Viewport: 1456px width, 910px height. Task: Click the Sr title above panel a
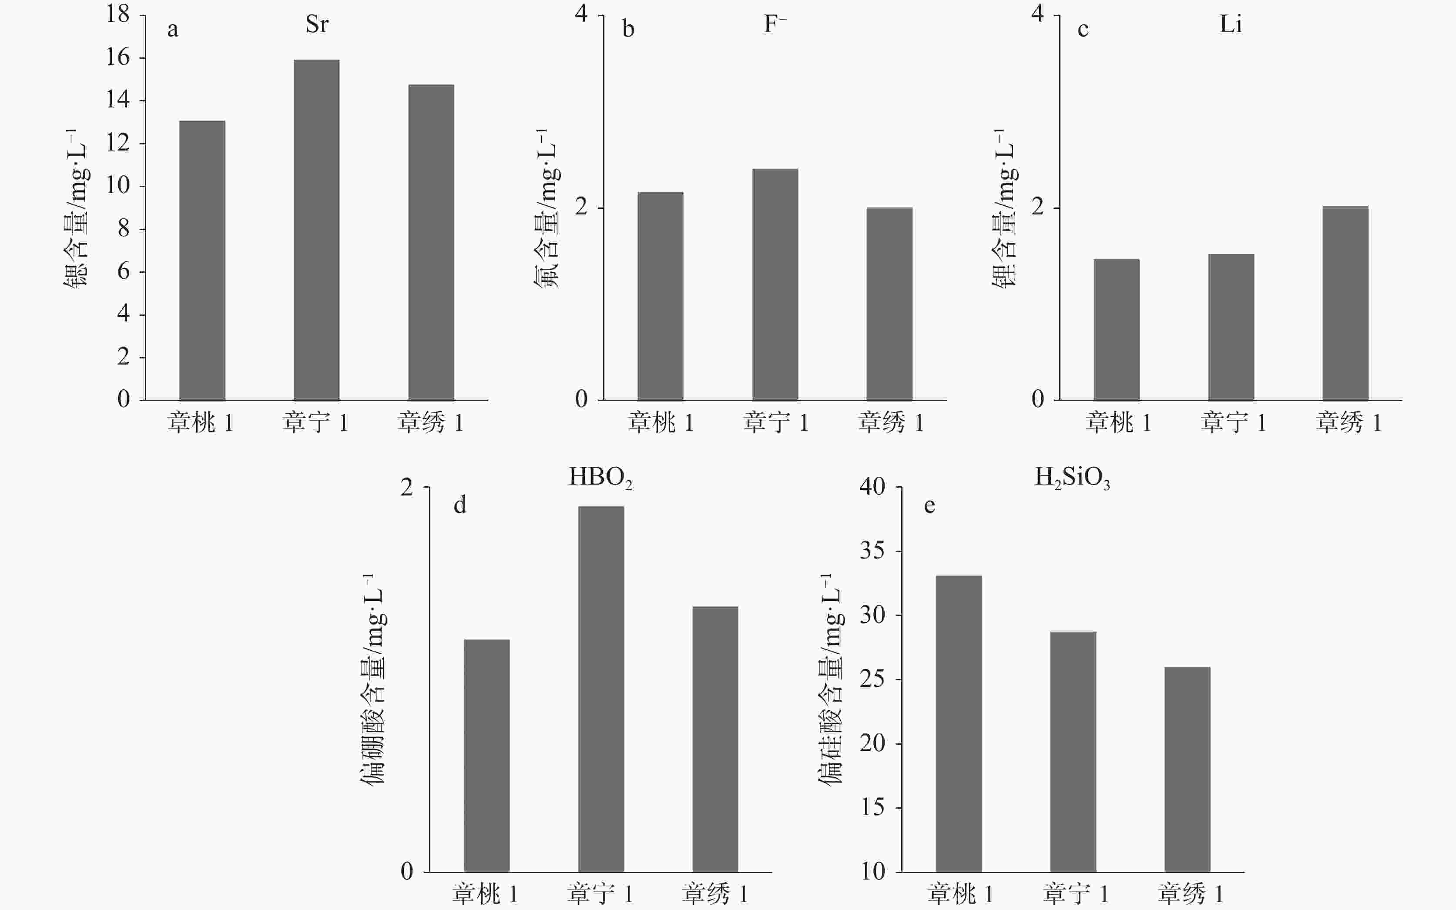(317, 24)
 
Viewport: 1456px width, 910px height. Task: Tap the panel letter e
(929, 505)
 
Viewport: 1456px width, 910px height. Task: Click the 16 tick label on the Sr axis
(118, 57)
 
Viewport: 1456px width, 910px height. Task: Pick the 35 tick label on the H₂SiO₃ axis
(872, 550)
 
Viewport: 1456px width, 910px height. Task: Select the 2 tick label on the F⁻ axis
(581, 207)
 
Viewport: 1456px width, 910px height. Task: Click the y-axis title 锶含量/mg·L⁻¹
(77, 207)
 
